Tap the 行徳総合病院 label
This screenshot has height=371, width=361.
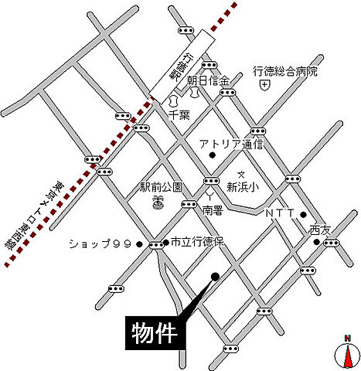tap(285, 71)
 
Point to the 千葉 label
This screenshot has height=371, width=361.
tap(180, 114)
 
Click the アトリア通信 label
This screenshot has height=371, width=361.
tap(231, 144)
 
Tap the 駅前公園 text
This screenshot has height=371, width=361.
tap(161, 187)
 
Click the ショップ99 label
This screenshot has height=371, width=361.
tap(101, 243)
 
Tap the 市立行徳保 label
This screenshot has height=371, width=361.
tap(196, 243)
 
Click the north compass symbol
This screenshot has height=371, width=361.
tap(348, 353)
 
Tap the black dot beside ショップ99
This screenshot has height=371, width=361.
tap(139, 244)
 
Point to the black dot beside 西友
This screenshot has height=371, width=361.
tap(317, 242)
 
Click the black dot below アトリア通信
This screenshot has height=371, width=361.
tap(212, 157)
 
